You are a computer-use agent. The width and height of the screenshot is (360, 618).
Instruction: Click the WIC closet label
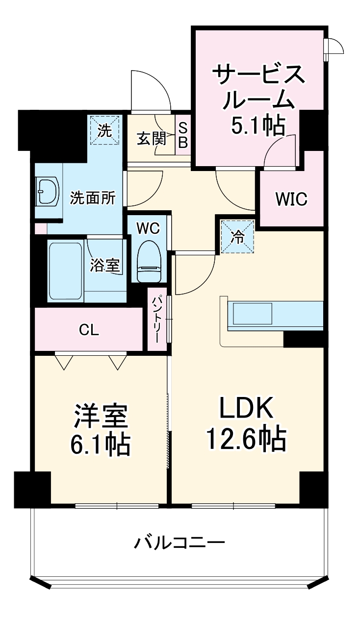point(291,199)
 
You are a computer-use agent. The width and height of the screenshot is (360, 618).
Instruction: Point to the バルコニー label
point(180,543)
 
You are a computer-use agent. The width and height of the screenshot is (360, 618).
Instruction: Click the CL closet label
point(89,330)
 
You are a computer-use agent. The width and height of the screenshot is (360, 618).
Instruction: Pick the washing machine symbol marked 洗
point(104,130)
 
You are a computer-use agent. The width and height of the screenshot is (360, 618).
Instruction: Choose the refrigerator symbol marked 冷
point(237,237)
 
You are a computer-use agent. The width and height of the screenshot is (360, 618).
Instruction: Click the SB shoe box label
point(182,134)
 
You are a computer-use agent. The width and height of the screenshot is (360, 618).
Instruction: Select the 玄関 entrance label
point(151,139)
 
